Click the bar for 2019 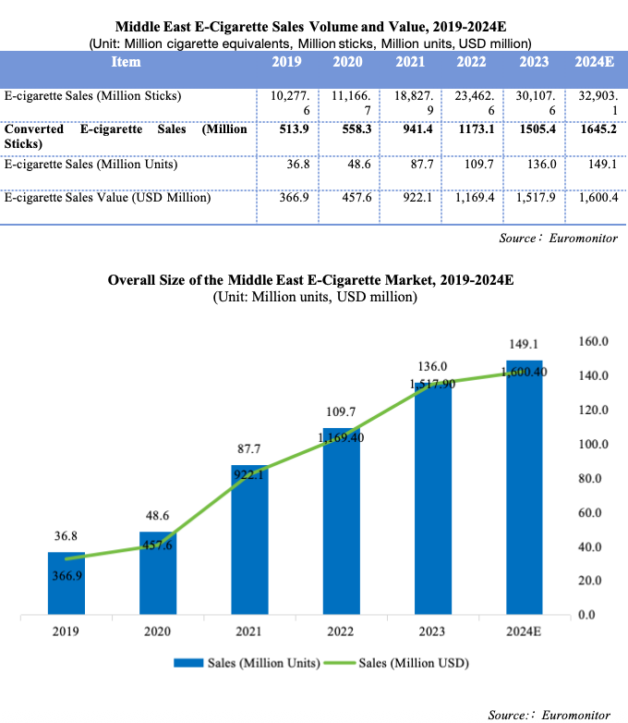(66, 583)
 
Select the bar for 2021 (249, 540)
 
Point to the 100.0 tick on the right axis (594, 445)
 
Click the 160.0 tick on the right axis (594, 342)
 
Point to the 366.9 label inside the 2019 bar (66, 575)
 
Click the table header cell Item (126, 62)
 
